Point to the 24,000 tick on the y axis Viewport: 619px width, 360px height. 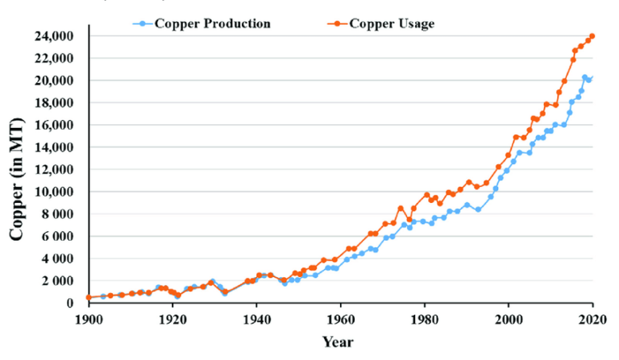click(56, 36)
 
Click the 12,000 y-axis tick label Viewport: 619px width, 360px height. click(56, 169)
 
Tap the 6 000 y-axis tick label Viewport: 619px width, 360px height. click(59, 236)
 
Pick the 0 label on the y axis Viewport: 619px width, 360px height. click(76, 303)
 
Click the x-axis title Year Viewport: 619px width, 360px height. click(339, 341)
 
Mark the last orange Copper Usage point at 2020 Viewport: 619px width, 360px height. click(592, 36)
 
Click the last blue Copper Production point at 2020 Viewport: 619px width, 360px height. click(592, 78)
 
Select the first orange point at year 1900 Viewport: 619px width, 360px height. click(89, 297)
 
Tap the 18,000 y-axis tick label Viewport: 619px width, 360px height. click(56, 102)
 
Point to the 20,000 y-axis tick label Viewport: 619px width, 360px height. click(56, 81)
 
